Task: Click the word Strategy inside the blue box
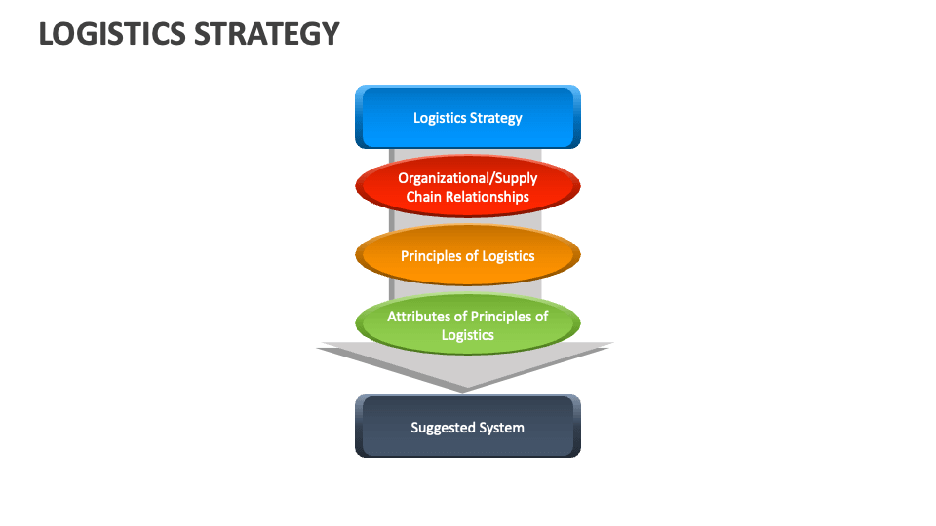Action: click(x=496, y=118)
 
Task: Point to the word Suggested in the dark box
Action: click(x=442, y=428)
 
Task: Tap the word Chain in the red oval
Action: click(x=424, y=197)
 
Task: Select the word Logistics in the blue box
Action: click(x=440, y=118)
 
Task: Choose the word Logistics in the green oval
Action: click(x=468, y=335)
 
